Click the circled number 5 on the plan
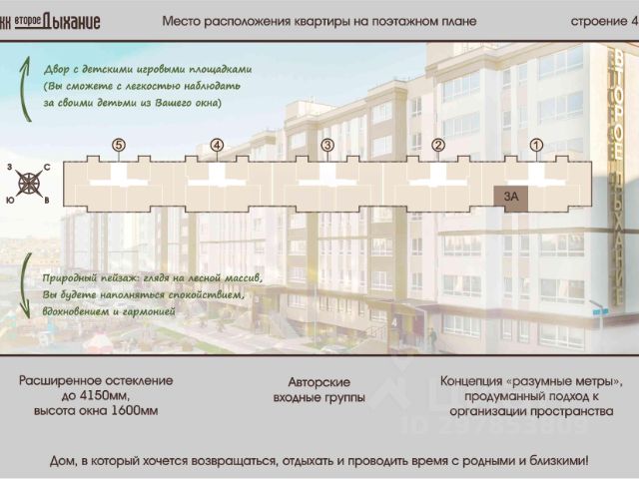coord(119,146)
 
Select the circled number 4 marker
coord(217,146)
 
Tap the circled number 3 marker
coord(326,146)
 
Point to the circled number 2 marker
coord(437,146)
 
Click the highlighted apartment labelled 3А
coord(510,197)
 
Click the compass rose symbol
coord(30,183)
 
